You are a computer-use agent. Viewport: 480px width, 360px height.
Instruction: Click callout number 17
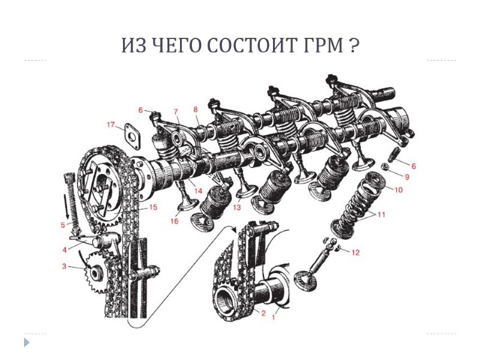111,125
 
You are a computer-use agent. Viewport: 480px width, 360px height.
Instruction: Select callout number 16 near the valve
175,221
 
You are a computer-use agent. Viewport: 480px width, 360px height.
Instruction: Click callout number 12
355,253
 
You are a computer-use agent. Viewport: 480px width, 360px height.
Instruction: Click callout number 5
63,225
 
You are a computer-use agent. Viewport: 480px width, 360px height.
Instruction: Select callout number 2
262,313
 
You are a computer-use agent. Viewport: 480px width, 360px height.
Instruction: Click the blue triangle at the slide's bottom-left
26,343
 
